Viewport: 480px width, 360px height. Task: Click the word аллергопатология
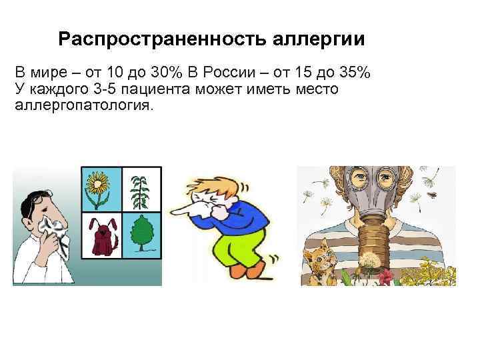(x=83, y=106)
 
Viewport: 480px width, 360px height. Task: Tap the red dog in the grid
(x=101, y=237)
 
